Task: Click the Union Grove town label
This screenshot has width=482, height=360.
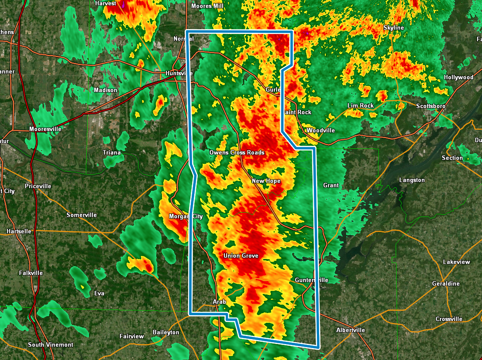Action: point(241,256)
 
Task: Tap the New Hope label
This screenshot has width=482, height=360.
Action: point(266,181)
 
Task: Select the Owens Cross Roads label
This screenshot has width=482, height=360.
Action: point(237,153)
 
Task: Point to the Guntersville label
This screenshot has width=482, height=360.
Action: point(312,280)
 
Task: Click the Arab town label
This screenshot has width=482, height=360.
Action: point(220,302)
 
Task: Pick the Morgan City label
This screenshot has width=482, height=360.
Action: point(186,217)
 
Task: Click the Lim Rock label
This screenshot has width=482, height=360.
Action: point(361,106)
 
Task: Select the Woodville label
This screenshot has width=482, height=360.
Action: point(321,131)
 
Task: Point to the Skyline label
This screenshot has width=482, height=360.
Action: point(393,28)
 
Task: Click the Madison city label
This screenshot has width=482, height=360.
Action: point(106,90)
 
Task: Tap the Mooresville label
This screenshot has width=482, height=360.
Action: point(46,129)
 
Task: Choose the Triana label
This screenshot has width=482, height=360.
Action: point(112,153)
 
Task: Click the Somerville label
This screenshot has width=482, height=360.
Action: point(81,215)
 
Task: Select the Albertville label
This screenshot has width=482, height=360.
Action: point(351,330)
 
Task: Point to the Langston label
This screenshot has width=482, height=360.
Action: point(412,180)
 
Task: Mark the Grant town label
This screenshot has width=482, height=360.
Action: point(331,186)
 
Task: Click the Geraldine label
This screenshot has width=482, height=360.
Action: point(446,284)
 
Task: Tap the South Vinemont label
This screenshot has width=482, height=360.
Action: point(50,345)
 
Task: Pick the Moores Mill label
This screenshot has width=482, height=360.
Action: point(207,6)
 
